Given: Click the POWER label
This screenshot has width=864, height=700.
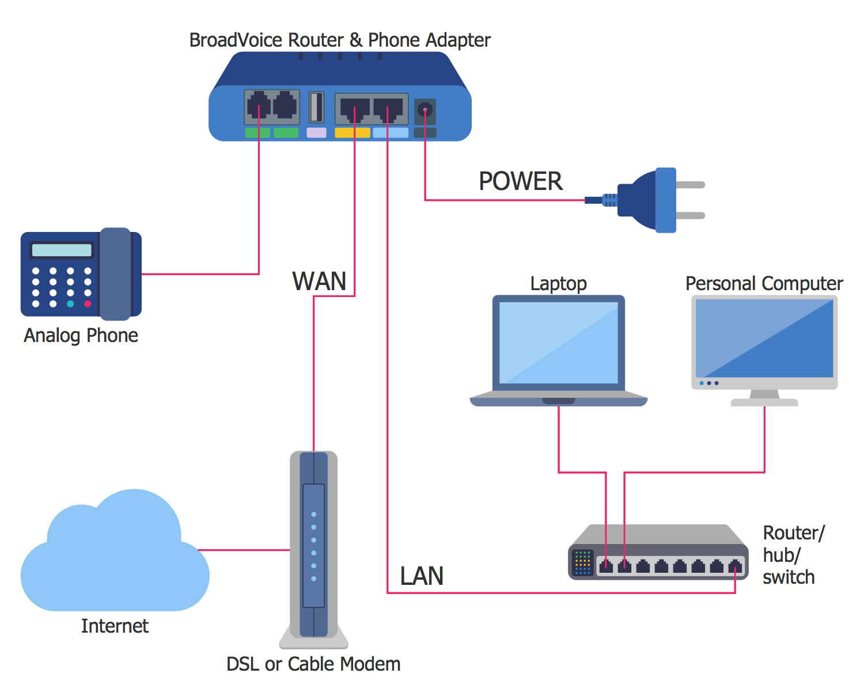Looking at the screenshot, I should pos(520,181).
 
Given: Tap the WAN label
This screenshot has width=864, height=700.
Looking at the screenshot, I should pos(319,281).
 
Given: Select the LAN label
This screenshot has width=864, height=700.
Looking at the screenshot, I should pos(422,576).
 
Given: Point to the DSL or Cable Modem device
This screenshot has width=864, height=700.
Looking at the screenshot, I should pos(313,547).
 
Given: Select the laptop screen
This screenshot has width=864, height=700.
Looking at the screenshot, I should pos(558,343).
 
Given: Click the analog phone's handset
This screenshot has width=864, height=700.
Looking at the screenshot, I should pos(115,274).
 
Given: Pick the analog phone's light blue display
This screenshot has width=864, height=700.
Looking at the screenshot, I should pos(62,250).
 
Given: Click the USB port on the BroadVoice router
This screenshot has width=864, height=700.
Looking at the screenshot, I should pos(316,107).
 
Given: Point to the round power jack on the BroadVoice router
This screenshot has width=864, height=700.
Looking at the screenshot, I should pos(425,109).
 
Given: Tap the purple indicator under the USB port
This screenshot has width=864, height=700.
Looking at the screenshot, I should pos(316,133).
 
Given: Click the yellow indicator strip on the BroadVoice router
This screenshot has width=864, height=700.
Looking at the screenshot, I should pos(352,133).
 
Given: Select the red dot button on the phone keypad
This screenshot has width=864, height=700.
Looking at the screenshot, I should pos(88,303).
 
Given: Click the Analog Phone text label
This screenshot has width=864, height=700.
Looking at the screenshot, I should pos(81,335).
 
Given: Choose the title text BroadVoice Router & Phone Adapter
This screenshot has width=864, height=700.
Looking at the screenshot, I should pos(340,40).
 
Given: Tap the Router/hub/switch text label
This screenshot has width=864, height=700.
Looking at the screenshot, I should pos(792,555).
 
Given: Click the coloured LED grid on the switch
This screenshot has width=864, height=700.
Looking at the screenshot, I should pos(582,562).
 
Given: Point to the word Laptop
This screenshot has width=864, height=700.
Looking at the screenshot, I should pos(558,283).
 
